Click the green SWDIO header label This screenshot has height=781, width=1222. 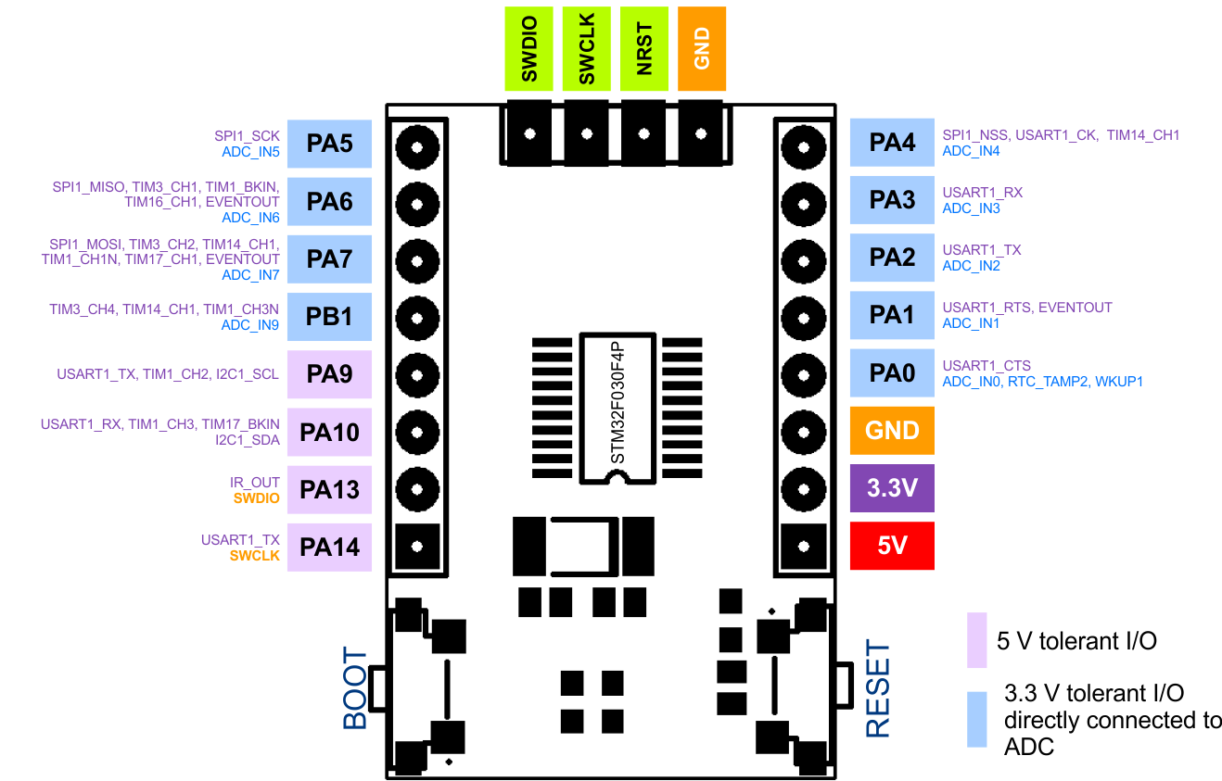[529, 48]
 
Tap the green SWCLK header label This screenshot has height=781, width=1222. [587, 48]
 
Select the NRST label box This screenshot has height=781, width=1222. [644, 48]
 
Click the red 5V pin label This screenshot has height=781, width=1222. [892, 546]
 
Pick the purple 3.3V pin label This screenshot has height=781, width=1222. [892, 488]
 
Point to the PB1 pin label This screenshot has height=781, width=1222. [329, 317]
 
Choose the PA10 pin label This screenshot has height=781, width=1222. [329, 432]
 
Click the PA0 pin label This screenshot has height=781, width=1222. [892, 373]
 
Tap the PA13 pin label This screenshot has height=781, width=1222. [329, 489]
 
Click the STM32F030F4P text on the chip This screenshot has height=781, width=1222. [619, 407]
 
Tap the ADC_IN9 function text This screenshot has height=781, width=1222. [250, 325]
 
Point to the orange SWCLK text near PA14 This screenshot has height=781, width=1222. [255, 556]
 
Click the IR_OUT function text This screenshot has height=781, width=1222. [255, 483]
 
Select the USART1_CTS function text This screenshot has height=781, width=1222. [987, 365]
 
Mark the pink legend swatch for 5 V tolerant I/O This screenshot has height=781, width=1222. [976, 639]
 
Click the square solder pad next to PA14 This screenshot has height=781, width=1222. [417, 546]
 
